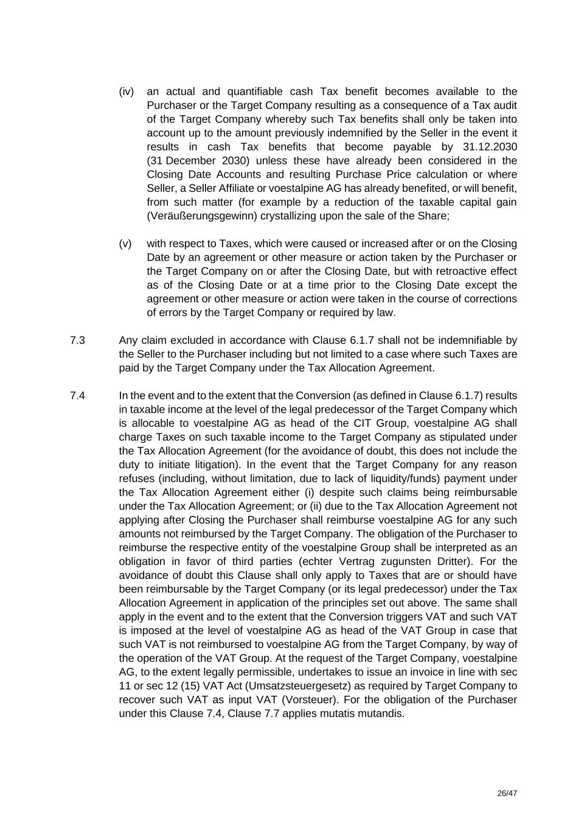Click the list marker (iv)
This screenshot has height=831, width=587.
click(x=126, y=92)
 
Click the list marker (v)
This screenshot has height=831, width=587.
click(x=125, y=244)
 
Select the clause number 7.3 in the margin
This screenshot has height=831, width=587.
click(x=77, y=340)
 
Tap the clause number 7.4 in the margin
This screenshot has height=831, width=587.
click(x=77, y=396)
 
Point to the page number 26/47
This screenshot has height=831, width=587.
click(x=507, y=793)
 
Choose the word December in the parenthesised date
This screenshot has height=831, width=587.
click(x=190, y=161)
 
